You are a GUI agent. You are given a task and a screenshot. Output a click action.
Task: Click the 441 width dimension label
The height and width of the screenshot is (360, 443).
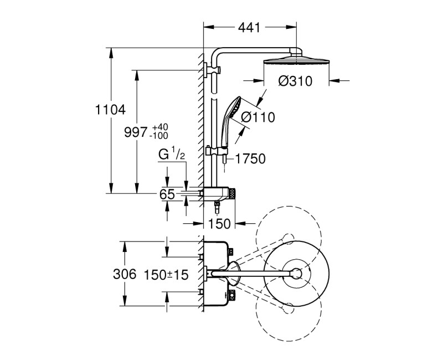point(251,27)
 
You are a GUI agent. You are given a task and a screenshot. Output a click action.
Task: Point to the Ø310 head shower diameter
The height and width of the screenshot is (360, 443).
point(295,81)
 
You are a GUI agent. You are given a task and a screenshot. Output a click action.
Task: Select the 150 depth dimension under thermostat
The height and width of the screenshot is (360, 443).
point(219,223)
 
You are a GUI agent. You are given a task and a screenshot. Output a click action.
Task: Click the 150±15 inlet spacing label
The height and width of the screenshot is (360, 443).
point(166,274)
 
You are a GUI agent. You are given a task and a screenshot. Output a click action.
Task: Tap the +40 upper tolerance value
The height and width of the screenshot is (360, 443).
point(159,127)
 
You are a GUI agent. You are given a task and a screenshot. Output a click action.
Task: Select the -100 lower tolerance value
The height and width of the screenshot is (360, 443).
point(159,136)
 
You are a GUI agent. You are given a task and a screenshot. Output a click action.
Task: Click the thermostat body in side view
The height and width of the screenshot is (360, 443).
point(219,193)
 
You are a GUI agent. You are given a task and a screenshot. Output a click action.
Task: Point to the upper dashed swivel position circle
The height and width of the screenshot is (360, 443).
point(289,239)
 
